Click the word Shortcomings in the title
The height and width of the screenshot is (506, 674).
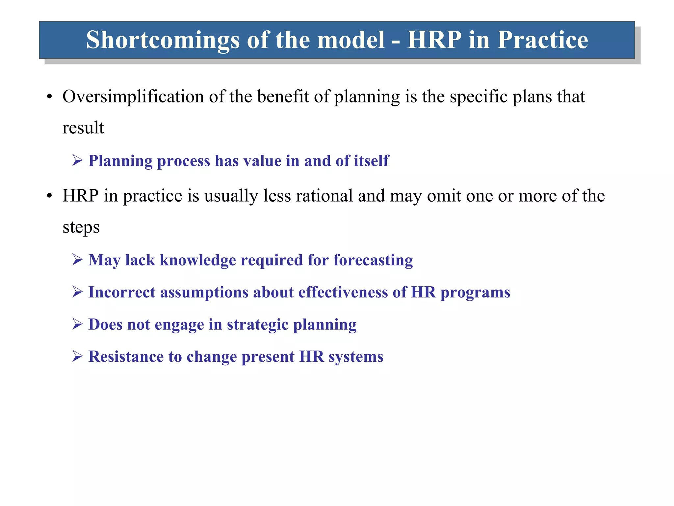(163, 40)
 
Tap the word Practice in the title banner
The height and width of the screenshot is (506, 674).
(542, 40)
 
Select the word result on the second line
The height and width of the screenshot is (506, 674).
(83, 128)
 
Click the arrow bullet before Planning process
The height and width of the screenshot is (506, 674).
(78, 161)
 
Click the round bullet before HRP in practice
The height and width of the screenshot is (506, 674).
(49, 196)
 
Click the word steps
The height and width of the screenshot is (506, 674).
(81, 227)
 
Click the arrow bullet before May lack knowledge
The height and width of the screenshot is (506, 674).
(78, 260)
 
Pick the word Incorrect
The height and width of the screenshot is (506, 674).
(122, 292)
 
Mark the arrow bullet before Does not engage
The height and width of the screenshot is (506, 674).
(78, 324)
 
